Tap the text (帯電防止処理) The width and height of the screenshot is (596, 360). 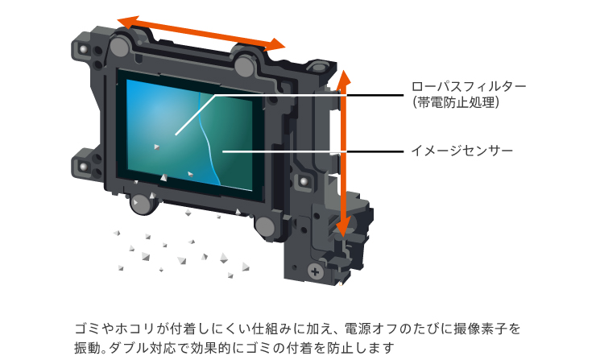coord(457,103)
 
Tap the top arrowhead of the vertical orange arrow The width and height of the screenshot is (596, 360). coord(343,77)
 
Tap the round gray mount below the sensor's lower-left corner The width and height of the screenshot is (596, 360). coord(142,203)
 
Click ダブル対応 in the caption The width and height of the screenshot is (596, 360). coord(147,348)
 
